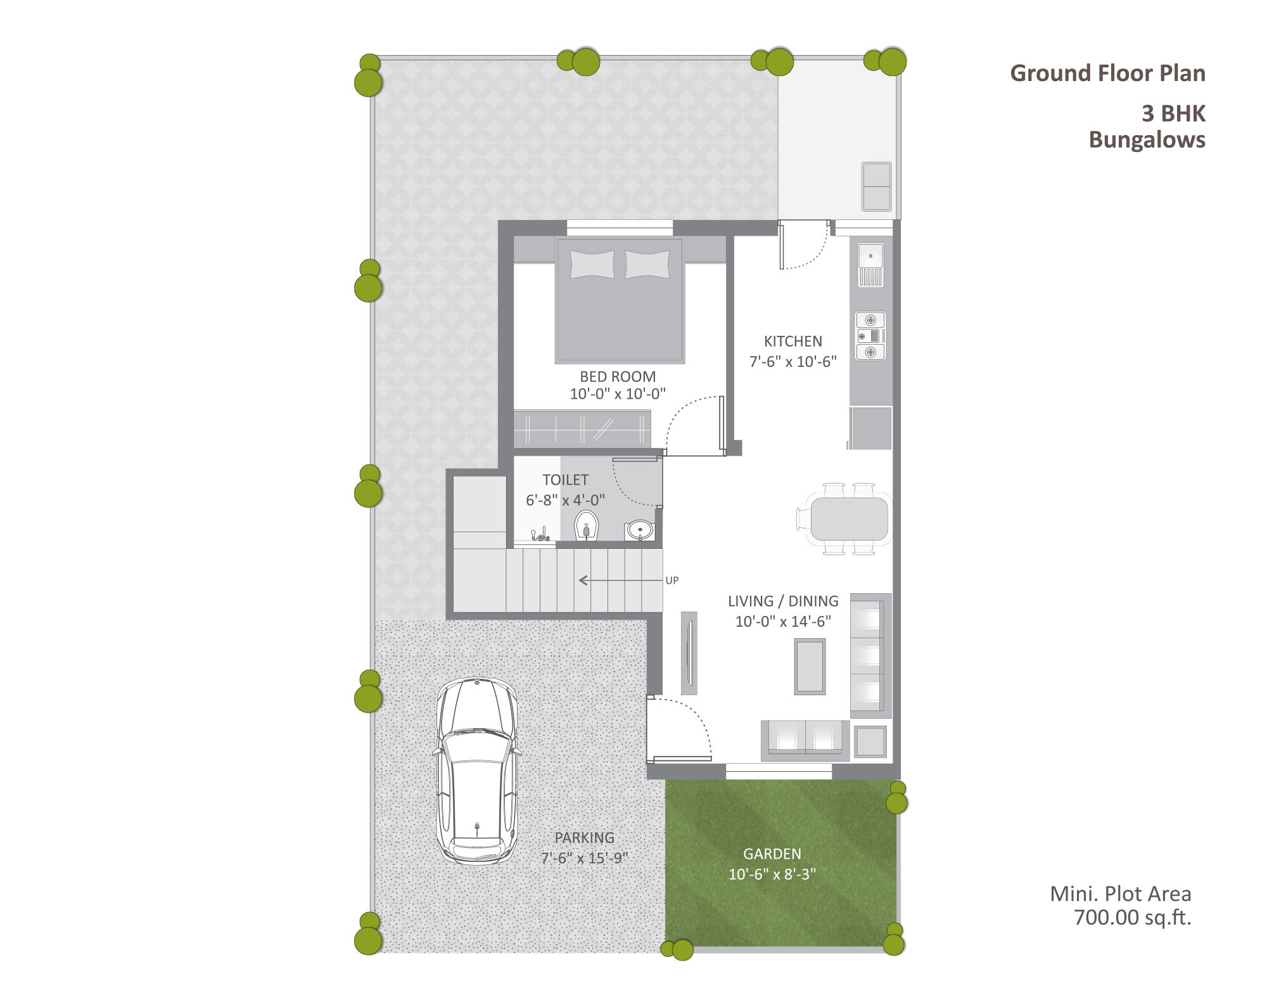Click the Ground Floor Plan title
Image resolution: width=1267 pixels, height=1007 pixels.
click(x=1107, y=74)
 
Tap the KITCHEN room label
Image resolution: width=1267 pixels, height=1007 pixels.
click(x=793, y=342)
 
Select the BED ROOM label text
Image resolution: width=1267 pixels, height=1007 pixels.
click(x=618, y=376)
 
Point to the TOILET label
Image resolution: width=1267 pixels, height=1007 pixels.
click(x=565, y=480)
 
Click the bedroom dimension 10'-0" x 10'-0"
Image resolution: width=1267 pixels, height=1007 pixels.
click(x=618, y=394)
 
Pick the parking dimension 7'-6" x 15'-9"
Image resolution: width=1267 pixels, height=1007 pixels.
click(x=584, y=858)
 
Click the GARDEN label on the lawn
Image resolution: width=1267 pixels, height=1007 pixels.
click(x=772, y=854)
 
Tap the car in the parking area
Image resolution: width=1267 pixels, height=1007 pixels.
click(x=476, y=771)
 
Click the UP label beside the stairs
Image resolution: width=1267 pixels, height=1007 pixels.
click(x=672, y=580)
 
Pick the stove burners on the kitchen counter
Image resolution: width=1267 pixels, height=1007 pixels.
click(x=870, y=336)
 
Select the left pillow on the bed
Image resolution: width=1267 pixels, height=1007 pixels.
click(x=592, y=264)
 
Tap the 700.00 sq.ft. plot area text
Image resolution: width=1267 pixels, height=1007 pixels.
click(x=1133, y=918)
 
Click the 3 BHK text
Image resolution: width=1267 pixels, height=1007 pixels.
click(x=1173, y=114)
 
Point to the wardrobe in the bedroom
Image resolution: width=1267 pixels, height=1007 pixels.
click(x=582, y=428)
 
